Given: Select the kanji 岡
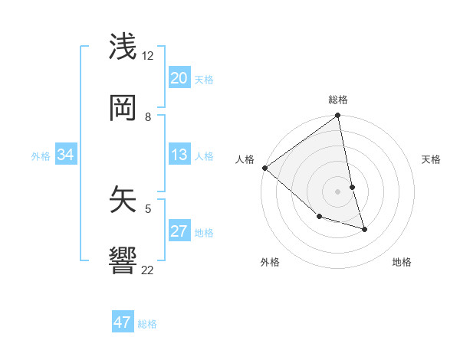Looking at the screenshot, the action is (x=124, y=107).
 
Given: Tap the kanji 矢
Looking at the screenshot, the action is (x=124, y=198).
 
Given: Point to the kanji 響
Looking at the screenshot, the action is (x=124, y=260).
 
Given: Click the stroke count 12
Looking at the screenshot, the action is (x=148, y=56).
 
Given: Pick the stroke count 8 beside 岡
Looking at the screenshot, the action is (x=148, y=117).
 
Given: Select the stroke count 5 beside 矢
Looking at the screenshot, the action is (x=148, y=208).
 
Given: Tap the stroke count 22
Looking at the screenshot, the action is (x=148, y=270).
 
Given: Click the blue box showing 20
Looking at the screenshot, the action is (x=179, y=78).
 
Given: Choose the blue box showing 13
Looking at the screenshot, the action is (x=179, y=155).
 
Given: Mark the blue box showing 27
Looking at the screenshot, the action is (x=179, y=231).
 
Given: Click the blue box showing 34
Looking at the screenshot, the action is (x=66, y=155).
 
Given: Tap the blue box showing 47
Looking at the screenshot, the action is (x=123, y=322).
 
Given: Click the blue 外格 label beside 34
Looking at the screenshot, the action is (x=41, y=156).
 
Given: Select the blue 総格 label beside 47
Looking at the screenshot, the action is (x=147, y=324).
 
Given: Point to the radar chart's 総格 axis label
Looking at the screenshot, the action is (x=338, y=100).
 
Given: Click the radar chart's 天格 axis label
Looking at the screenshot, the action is (x=432, y=159).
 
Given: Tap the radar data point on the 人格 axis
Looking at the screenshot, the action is (x=264, y=168).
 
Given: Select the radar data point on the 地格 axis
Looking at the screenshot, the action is (x=364, y=229).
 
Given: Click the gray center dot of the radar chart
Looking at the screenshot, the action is (x=338, y=191).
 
